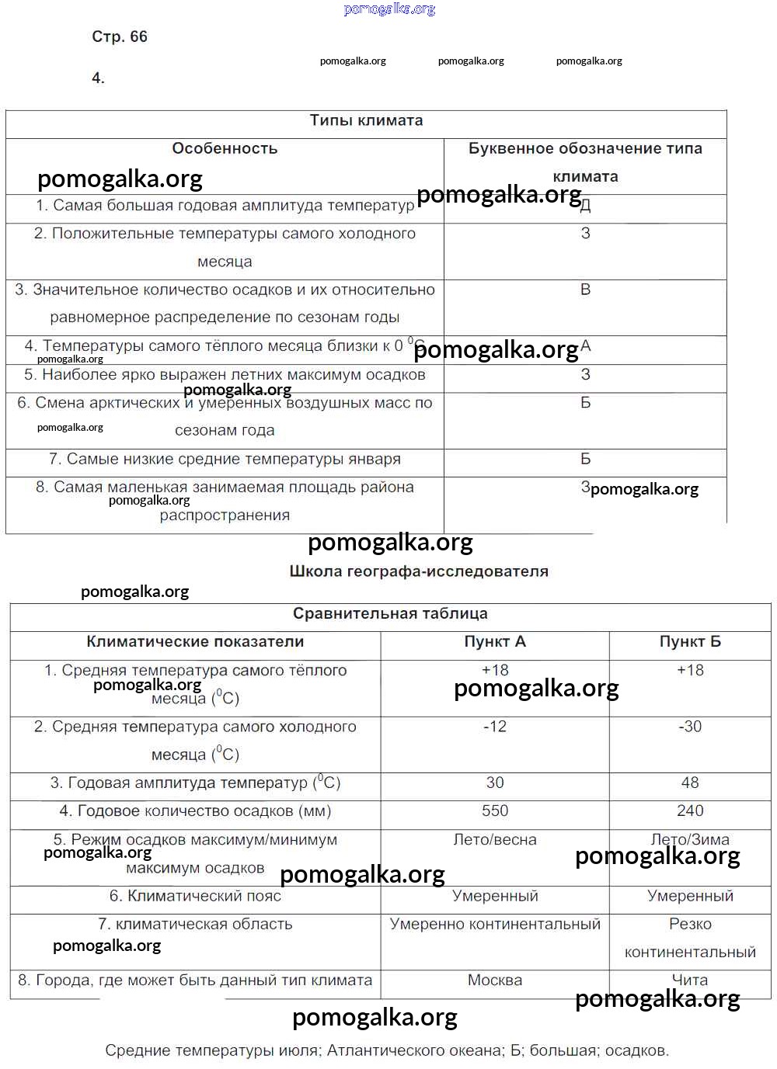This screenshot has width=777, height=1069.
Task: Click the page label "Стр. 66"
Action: click(120, 36)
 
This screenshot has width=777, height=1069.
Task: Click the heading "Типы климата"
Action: click(366, 120)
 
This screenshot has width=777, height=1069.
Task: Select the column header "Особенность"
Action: click(225, 148)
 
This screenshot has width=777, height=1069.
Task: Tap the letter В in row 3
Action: click(586, 290)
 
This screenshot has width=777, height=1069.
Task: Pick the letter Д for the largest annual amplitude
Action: click(586, 206)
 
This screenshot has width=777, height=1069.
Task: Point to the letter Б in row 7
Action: click(586, 459)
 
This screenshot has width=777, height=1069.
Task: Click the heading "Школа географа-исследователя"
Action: click(419, 571)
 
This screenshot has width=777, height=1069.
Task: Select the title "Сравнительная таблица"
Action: click(390, 613)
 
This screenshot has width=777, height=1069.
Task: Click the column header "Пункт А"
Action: click(495, 641)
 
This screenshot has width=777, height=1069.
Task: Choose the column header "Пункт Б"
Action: click(690, 641)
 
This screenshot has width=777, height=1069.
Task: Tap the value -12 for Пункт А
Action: click(495, 727)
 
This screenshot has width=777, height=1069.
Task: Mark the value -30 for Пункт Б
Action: click(690, 727)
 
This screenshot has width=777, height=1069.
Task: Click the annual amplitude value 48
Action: click(690, 783)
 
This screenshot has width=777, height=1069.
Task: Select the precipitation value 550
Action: click(495, 810)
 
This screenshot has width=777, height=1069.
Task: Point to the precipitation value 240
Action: click(690, 810)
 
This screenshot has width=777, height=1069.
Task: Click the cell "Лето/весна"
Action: click(495, 839)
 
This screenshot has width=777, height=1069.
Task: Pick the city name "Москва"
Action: click(495, 980)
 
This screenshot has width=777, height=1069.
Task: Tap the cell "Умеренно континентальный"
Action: click(495, 924)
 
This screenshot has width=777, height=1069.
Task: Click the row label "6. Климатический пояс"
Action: click(195, 896)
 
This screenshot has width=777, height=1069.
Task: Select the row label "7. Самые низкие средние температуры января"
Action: click(225, 459)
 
